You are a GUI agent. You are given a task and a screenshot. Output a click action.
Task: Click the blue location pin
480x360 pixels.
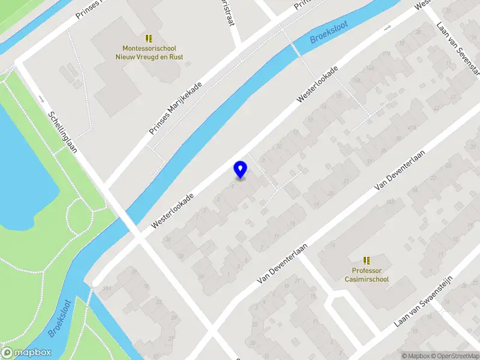[240, 169]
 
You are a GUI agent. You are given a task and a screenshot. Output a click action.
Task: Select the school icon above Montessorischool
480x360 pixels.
[149, 38]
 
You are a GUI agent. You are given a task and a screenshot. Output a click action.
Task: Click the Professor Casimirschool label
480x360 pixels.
[367, 275]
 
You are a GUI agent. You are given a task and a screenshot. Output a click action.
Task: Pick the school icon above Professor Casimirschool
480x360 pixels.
[367, 260]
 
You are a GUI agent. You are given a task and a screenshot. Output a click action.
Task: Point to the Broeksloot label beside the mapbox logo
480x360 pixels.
[61, 318]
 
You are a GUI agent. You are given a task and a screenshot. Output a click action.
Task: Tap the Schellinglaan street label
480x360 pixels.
[63, 133]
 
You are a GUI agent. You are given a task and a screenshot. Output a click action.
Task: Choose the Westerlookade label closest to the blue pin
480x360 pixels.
[173, 210]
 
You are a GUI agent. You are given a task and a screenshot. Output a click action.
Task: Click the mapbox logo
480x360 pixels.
[26, 353]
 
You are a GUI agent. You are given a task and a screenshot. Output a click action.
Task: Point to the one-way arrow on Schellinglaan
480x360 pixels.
[41, 98]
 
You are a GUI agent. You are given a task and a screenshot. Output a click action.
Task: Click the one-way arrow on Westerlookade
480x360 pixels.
[387, 28]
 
